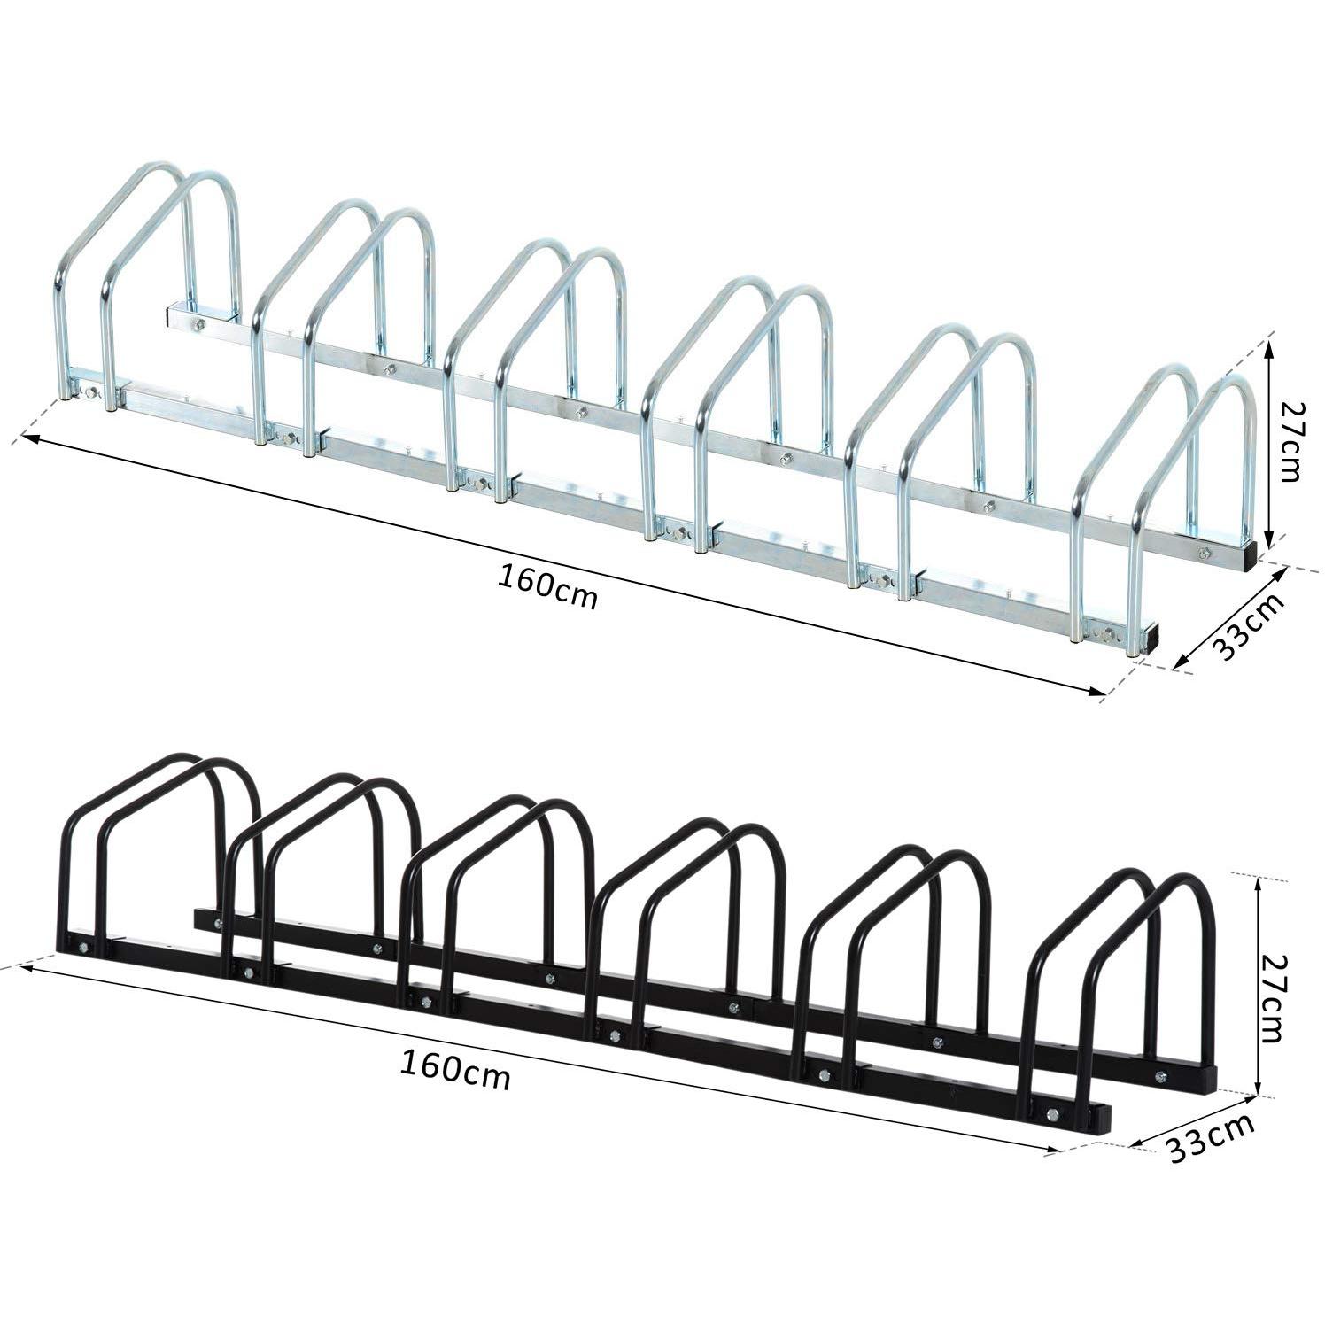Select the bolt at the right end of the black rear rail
tap(1161, 1077)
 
